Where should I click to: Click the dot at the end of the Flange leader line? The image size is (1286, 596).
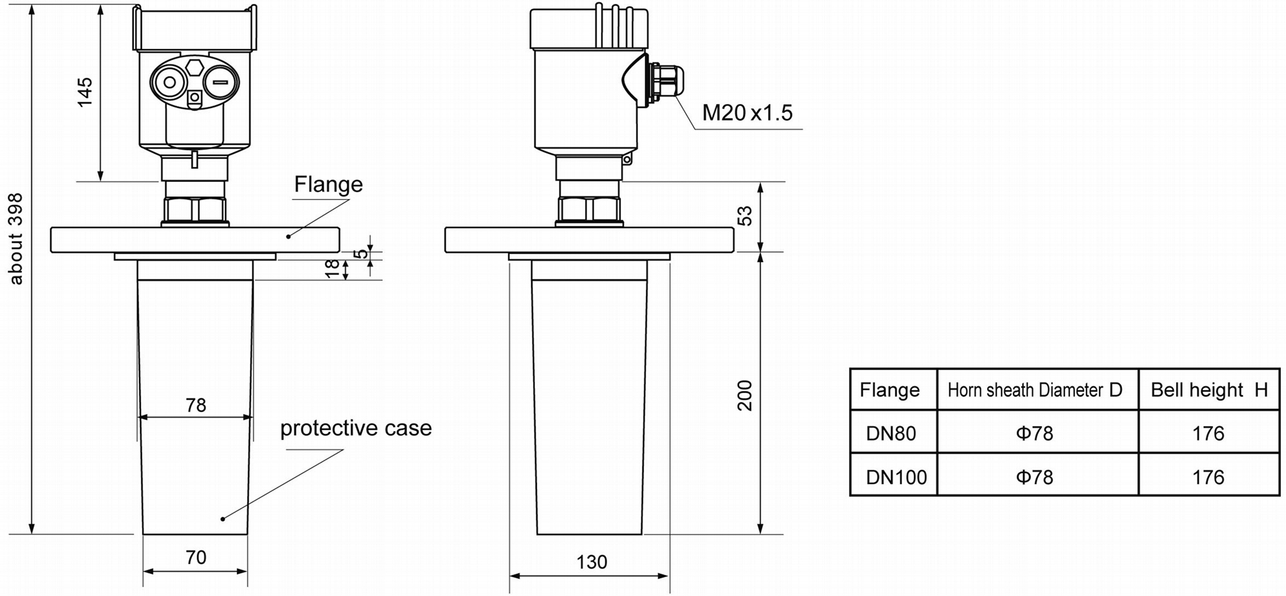pos(289,236)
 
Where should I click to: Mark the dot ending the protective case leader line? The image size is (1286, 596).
pos(222,519)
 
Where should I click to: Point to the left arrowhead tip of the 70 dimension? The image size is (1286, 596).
pos(144,571)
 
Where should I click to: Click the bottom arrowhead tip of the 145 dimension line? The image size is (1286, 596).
pos(100,181)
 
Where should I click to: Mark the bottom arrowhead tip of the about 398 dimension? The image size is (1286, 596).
pos(31,534)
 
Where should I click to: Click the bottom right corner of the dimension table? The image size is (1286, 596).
pos(1279,496)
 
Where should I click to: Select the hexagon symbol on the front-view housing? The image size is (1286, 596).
pos(195,67)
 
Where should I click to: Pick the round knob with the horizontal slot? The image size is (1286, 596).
pos(220,82)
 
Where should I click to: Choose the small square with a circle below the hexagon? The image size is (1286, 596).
pos(195,98)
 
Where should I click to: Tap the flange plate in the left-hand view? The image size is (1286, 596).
pos(195,240)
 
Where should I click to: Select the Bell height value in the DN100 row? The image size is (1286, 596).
pos(1208,477)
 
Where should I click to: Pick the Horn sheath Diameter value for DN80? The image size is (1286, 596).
pos(1034,434)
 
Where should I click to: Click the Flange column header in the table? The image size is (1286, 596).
pos(890,390)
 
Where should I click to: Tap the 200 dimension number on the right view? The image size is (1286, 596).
pos(745,395)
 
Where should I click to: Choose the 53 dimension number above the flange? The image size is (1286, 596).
pos(745,216)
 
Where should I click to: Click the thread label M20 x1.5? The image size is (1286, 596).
pos(747,113)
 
